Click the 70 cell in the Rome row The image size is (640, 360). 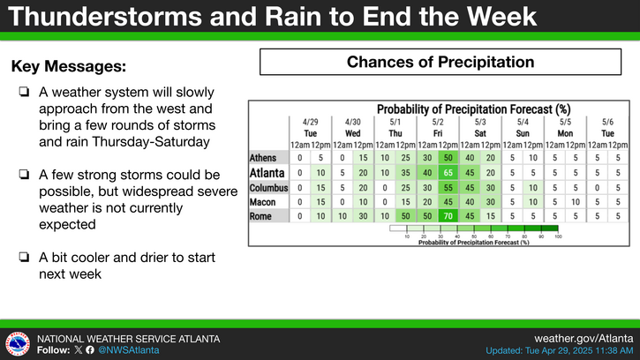[x=448, y=216]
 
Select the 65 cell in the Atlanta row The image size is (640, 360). [x=448, y=173]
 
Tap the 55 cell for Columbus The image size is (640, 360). [x=448, y=188]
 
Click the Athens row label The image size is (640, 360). [x=263, y=158]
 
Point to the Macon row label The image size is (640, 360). [x=262, y=202]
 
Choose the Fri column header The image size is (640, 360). [x=438, y=133]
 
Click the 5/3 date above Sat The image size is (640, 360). [x=480, y=122]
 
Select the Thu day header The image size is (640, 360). [x=395, y=133]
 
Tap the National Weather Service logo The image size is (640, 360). [x=18, y=343]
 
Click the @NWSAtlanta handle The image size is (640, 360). [x=129, y=350]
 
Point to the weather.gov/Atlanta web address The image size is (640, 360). [x=584, y=338]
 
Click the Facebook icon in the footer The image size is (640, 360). [x=90, y=350]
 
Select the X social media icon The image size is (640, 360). [x=79, y=350]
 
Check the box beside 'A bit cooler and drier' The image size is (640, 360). [x=24, y=257]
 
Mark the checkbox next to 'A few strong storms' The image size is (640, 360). [x=24, y=175]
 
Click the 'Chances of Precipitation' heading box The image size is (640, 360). [x=440, y=62]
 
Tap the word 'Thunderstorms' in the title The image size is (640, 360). [x=105, y=17]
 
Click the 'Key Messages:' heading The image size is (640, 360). [x=69, y=66]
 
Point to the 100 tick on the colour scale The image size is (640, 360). [x=558, y=236]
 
